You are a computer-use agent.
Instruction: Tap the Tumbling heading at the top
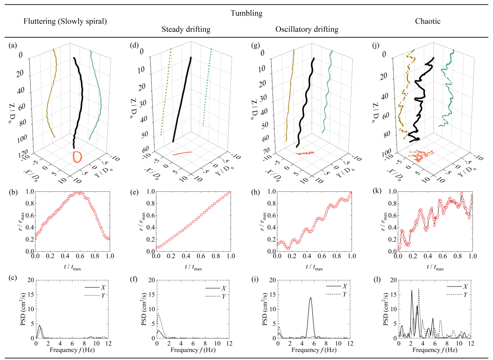tap(247, 13)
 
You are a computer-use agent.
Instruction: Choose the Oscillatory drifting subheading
tap(307, 30)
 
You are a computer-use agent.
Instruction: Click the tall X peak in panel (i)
tap(310, 298)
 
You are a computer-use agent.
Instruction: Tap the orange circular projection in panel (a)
tap(78, 157)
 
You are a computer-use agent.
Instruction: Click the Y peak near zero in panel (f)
tap(158, 313)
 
